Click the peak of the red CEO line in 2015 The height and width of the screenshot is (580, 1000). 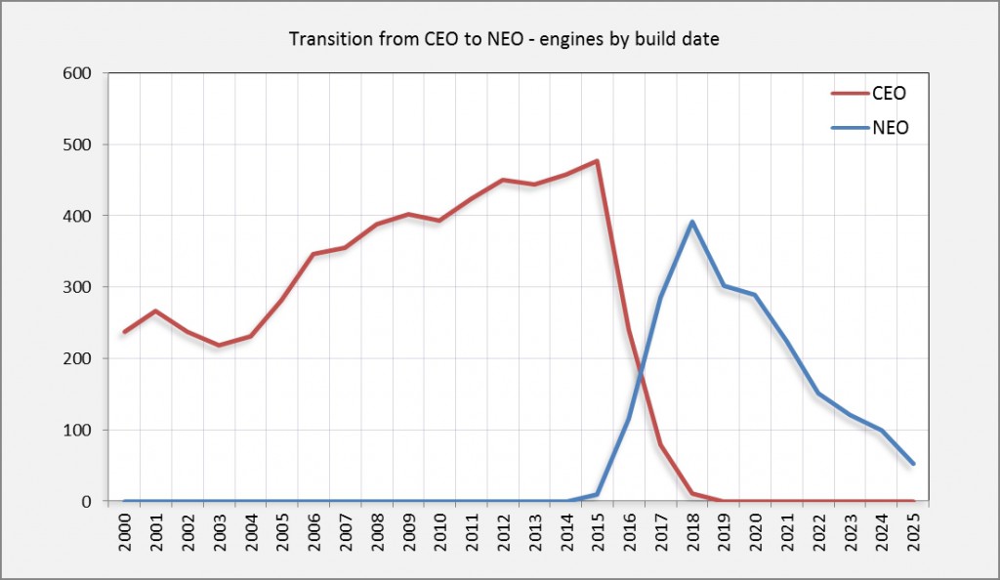(x=597, y=161)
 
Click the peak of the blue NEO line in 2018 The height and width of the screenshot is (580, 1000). (x=691, y=222)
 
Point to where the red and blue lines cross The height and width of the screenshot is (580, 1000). (x=641, y=368)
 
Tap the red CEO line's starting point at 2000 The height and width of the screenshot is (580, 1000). (x=124, y=332)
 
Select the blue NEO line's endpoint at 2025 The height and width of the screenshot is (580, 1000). (x=912, y=464)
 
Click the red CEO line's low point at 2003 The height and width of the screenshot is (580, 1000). (x=219, y=346)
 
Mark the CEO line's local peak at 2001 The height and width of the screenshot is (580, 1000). (x=155, y=311)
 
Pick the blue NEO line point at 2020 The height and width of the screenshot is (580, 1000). (x=755, y=295)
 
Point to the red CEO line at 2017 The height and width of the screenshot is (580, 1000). (x=660, y=444)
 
